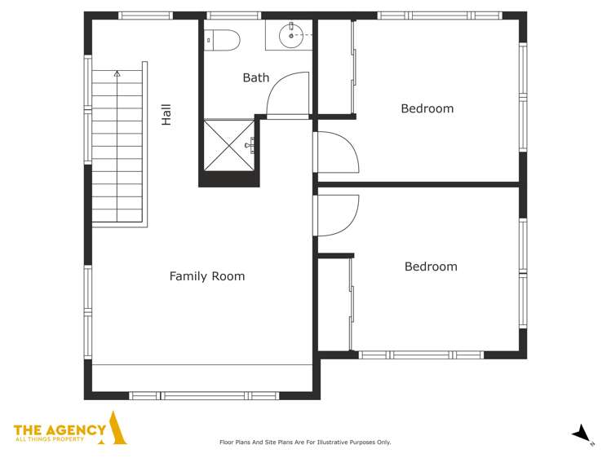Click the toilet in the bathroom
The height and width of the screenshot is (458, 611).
(x=222, y=37)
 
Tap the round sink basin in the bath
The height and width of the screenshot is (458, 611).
(x=290, y=35)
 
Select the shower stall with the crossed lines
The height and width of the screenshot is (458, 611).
(x=229, y=145)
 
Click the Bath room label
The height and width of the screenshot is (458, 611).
(x=255, y=78)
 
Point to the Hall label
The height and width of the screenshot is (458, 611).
(x=166, y=114)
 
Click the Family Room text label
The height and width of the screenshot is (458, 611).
(x=206, y=276)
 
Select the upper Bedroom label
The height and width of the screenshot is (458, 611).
(x=427, y=108)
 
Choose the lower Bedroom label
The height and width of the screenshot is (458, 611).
(x=431, y=266)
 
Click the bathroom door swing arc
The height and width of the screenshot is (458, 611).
(x=287, y=91)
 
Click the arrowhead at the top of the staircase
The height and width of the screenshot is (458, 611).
(x=117, y=74)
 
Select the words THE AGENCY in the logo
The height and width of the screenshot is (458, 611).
(x=60, y=429)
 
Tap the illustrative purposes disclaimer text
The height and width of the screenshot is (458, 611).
(x=305, y=443)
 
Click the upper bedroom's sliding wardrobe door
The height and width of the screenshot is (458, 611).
(x=353, y=68)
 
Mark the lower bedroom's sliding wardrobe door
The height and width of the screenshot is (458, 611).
(x=352, y=302)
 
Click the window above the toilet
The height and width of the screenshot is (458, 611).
(x=232, y=15)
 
